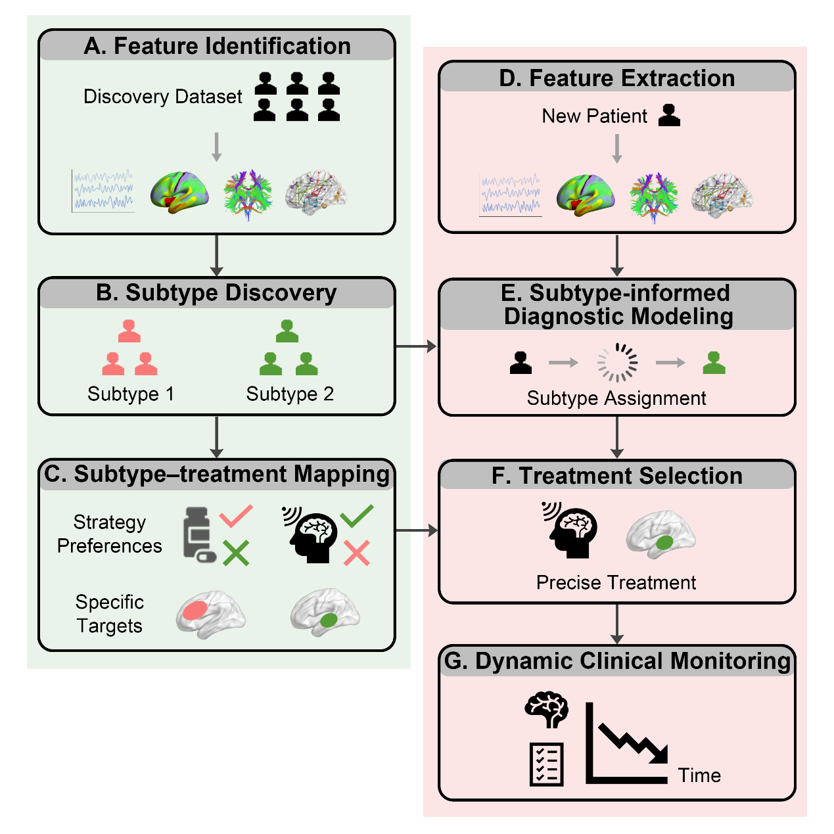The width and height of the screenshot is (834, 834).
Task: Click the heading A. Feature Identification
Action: (x=217, y=46)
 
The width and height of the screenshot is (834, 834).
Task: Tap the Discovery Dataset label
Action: (x=162, y=97)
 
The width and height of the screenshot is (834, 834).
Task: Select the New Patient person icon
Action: (x=669, y=115)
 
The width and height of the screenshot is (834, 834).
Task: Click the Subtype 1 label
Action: (x=131, y=394)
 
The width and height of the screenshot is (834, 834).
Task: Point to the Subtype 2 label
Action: (x=290, y=394)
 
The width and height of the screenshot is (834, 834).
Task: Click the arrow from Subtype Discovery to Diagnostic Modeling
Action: (x=416, y=346)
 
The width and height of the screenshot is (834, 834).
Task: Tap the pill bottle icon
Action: (x=198, y=534)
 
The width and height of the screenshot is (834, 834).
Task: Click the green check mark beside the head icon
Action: (x=357, y=516)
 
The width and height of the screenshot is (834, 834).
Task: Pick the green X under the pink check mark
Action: (x=235, y=553)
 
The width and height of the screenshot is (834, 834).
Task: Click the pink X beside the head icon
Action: (x=357, y=553)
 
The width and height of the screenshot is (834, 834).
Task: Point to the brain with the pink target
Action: (x=210, y=613)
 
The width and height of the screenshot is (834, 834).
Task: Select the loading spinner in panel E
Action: (x=617, y=362)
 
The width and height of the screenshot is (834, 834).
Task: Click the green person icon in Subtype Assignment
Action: (x=714, y=362)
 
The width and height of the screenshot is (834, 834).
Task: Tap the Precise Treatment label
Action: (x=616, y=582)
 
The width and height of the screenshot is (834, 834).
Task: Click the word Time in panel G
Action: (x=699, y=776)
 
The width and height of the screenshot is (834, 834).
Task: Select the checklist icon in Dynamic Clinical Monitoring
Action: (x=547, y=764)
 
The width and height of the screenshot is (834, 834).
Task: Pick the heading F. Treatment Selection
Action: (x=616, y=476)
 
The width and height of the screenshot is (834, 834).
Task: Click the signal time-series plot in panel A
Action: (x=103, y=191)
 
